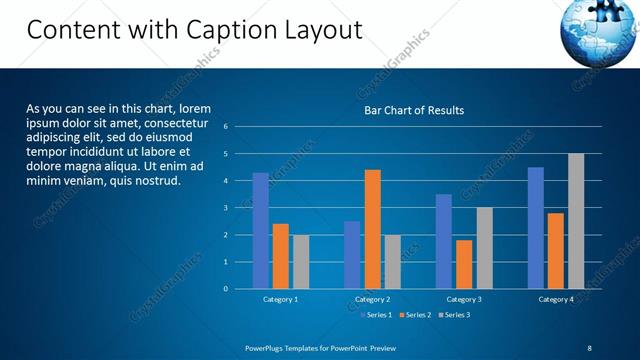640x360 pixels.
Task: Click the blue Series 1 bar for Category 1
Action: coord(260,231)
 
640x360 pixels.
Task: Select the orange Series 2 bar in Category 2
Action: coord(372,229)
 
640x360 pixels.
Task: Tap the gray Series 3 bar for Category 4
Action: coord(576,221)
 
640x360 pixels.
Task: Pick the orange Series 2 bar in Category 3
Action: coord(464,264)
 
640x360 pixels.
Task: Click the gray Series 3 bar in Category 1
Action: coord(300,262)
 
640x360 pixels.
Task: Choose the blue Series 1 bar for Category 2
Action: coord(352,255)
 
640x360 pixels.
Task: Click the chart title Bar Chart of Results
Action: coord(414,110)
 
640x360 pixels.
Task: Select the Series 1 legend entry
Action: coord(375,315)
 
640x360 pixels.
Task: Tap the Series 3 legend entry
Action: coord(453,315)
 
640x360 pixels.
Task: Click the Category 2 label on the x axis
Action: coord(372,299)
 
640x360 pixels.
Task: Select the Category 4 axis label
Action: coord(555,299)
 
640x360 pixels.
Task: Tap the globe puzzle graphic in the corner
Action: coord(599,30)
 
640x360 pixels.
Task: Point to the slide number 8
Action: coord(589,347)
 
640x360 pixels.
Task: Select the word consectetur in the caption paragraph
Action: coord(174,123)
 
